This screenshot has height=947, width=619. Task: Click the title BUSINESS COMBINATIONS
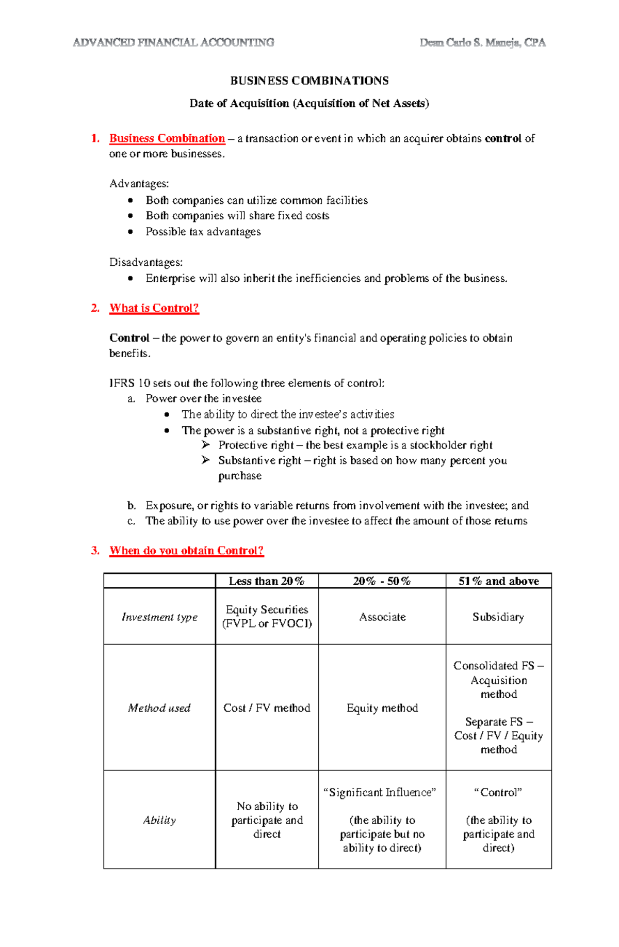pos(309,81)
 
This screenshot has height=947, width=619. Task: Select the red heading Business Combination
pos(167,138)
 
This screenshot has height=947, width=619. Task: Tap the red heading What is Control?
pos(154,308)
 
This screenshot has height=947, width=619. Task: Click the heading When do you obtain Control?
pos(186,551)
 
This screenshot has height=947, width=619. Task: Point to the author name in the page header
pos(482,43)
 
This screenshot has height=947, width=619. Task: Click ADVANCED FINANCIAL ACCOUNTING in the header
pos(173,43)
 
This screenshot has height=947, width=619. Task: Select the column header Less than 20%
pos(267,581)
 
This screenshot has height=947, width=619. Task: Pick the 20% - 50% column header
pos(382,581)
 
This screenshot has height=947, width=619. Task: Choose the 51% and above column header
pos(498,581)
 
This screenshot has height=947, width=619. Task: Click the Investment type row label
pos(159,617)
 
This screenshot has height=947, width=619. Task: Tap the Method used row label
pos(159,708)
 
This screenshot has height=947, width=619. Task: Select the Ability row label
pos(159,820)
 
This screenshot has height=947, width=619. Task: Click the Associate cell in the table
pos(382,617)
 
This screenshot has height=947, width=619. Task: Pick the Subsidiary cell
pos(498,617)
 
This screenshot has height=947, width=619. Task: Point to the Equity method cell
pos(382,708)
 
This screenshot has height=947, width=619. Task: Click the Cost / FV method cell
pos(267,708)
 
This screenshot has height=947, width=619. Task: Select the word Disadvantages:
pos(146,263)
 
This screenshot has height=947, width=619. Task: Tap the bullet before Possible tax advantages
pos(131,232)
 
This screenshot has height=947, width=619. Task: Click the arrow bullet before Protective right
pos(206,445)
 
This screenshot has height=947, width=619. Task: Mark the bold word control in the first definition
pos(503,138)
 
